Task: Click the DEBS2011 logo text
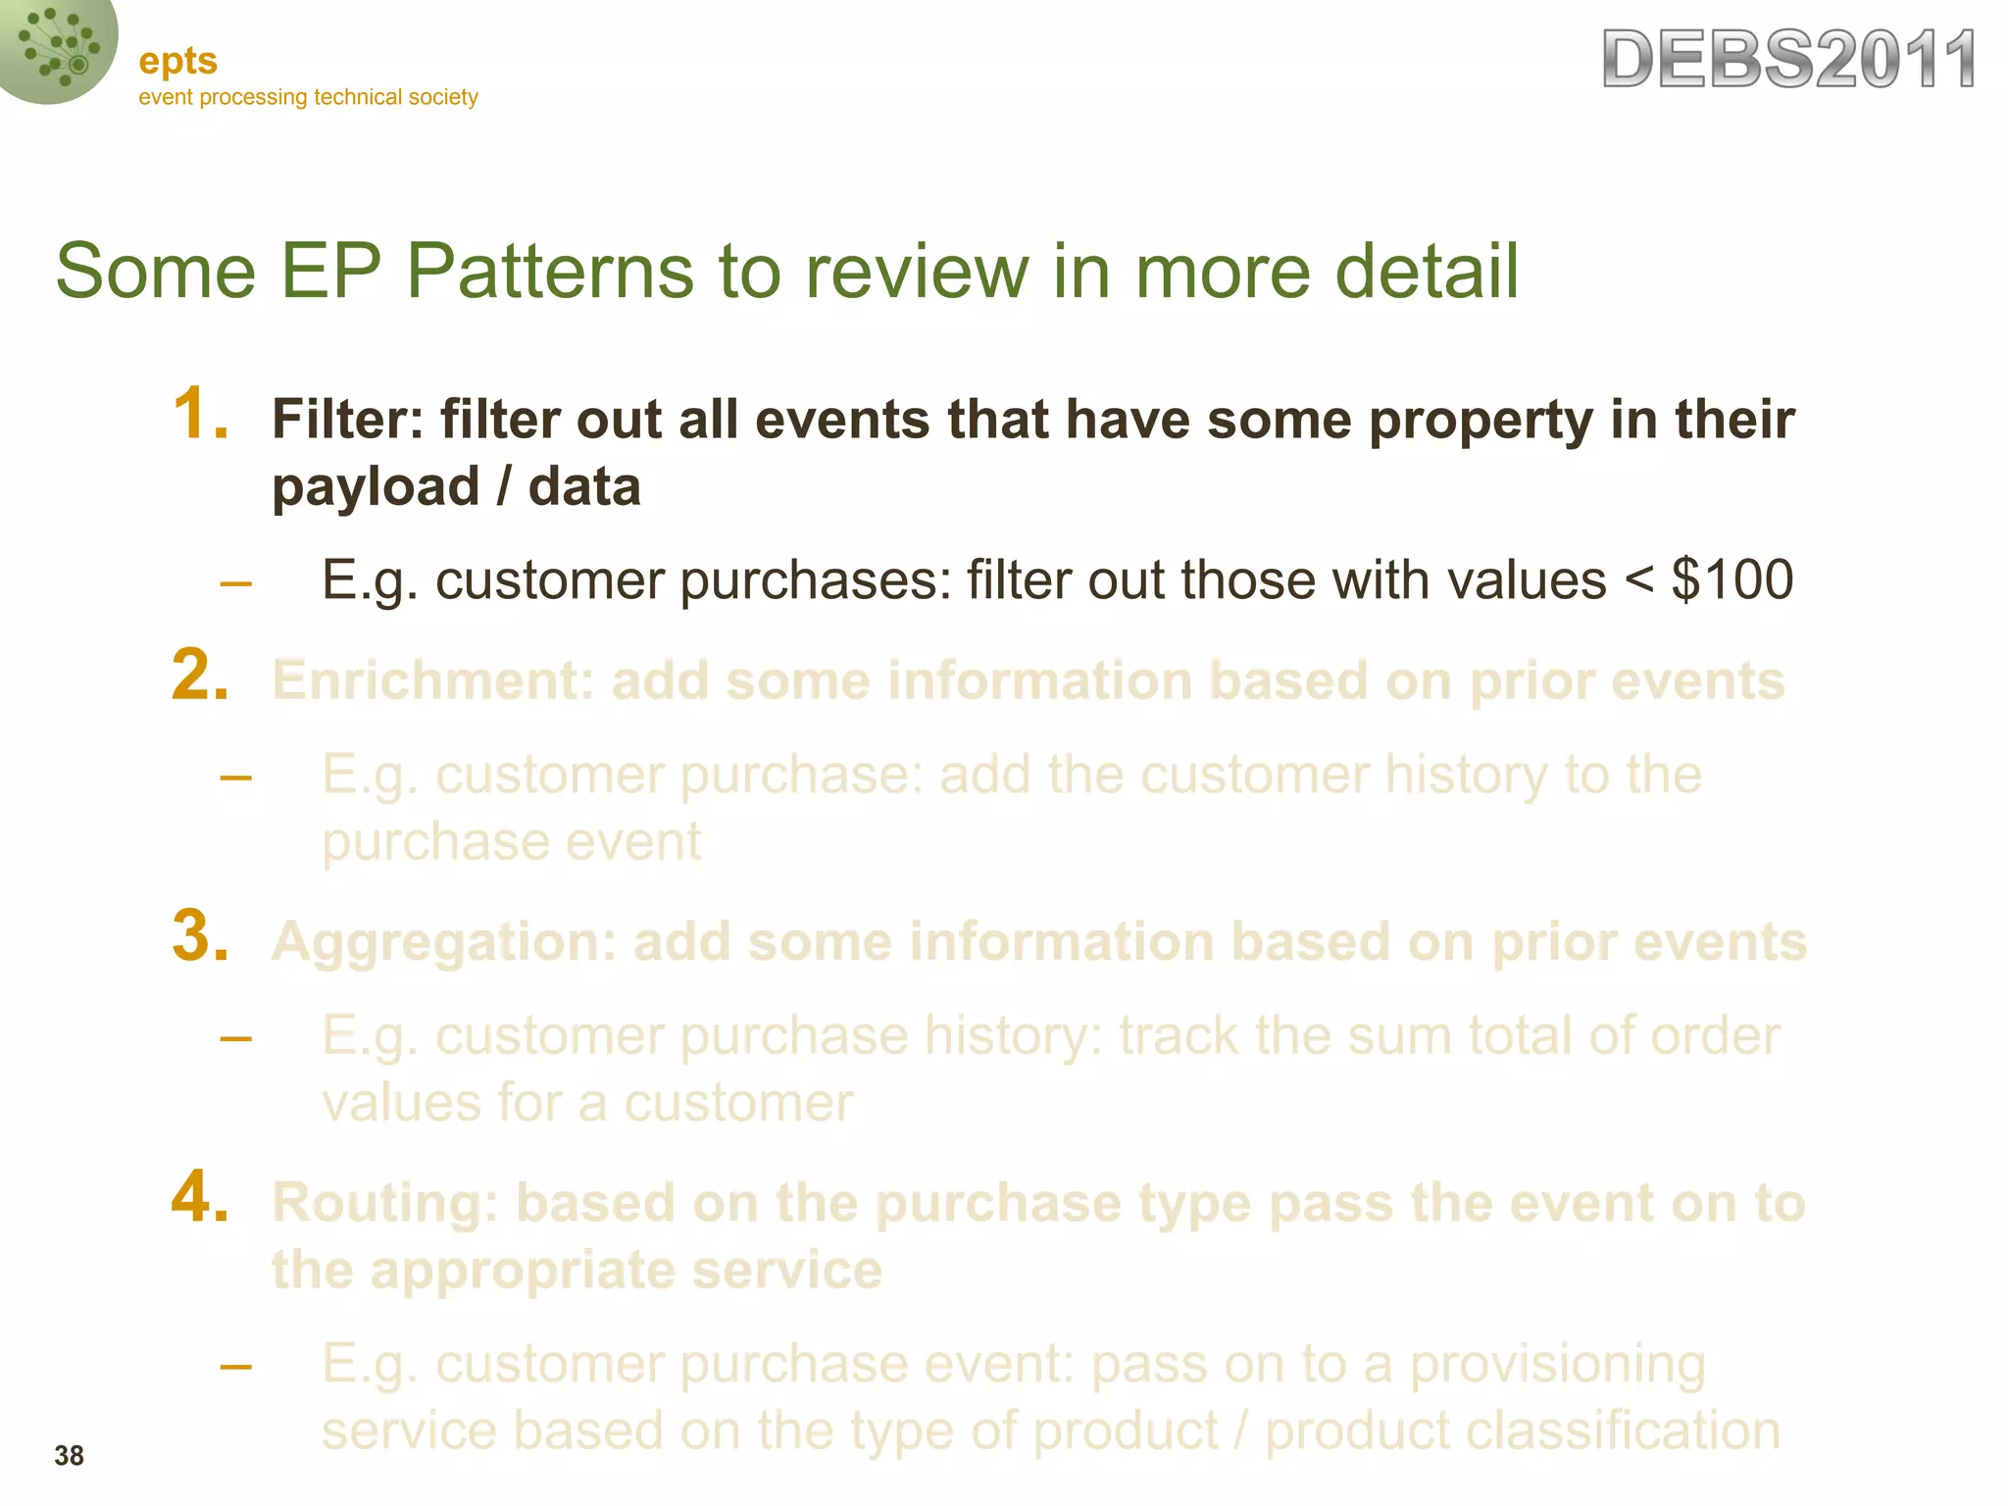tap(1788, 61)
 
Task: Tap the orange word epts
tap(177, 62)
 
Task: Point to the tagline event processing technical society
tap(308, 97)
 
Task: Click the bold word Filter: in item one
tap(347, 420)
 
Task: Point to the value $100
tap(1732, 579)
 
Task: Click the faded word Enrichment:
tap(432, 680)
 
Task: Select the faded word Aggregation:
tap(443, 942)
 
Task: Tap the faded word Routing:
tap(385, 1203)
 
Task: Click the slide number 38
tap(69, 1456)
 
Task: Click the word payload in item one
tap(376, 488)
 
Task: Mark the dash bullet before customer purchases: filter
tap(235, 584)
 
